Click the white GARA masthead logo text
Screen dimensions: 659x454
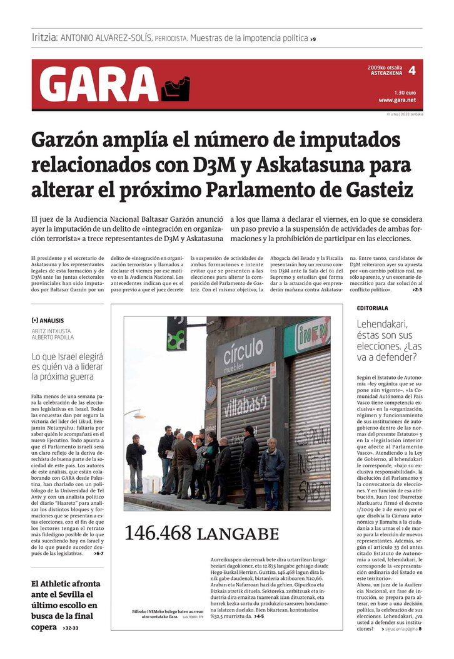point(99,85)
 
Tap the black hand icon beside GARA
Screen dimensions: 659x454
point(175,88)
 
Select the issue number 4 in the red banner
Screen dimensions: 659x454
point(411,71)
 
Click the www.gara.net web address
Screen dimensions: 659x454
point(397,100)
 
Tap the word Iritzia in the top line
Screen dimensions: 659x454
point(44,38)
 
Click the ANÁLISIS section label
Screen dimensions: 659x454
point(50,320)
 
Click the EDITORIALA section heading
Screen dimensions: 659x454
point(373,309)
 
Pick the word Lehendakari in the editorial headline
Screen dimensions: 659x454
point(381,324)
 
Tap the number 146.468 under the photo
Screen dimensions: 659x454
point(158,533)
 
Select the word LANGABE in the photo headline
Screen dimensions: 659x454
point(238,534)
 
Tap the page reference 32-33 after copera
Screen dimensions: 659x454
point(71,628)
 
